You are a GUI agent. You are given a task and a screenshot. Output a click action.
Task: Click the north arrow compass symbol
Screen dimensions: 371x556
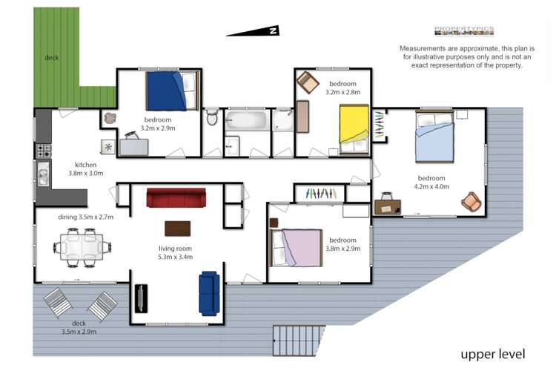[x=254, y=31]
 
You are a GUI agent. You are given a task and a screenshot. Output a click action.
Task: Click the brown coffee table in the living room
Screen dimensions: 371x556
[x=176, y=228]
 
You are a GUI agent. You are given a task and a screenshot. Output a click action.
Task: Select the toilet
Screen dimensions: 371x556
[x=211, y=118]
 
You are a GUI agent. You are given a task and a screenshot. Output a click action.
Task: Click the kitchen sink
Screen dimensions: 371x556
[x=43, y=177]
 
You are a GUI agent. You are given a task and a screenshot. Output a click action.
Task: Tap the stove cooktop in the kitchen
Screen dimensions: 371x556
[x=43, y=151]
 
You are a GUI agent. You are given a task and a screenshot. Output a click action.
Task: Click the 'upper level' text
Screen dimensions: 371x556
[x=492, y=353]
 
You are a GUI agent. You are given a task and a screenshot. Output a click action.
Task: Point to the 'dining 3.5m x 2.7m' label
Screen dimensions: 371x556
[x=85, y=217]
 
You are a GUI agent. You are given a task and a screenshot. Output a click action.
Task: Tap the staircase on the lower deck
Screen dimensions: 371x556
[x=299, y=341]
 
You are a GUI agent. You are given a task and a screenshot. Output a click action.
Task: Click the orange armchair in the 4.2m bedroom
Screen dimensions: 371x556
[x=470, y=201]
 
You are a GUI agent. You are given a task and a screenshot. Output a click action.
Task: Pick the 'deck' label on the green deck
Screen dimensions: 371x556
[x=51, y=57]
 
